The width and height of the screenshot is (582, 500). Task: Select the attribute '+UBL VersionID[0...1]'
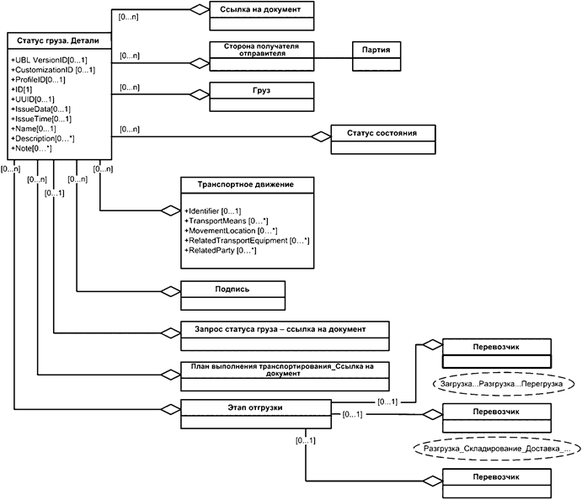49,61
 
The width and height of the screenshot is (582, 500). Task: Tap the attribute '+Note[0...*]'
32,148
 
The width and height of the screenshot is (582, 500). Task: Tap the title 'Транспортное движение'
243,184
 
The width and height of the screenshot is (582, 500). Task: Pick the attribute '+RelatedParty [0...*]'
220,250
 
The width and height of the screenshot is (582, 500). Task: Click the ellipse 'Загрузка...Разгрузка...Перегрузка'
505,383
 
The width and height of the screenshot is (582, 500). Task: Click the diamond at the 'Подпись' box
170,292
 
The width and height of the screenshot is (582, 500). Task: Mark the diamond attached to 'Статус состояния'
320,136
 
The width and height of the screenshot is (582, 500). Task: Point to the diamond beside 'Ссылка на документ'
197,9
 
